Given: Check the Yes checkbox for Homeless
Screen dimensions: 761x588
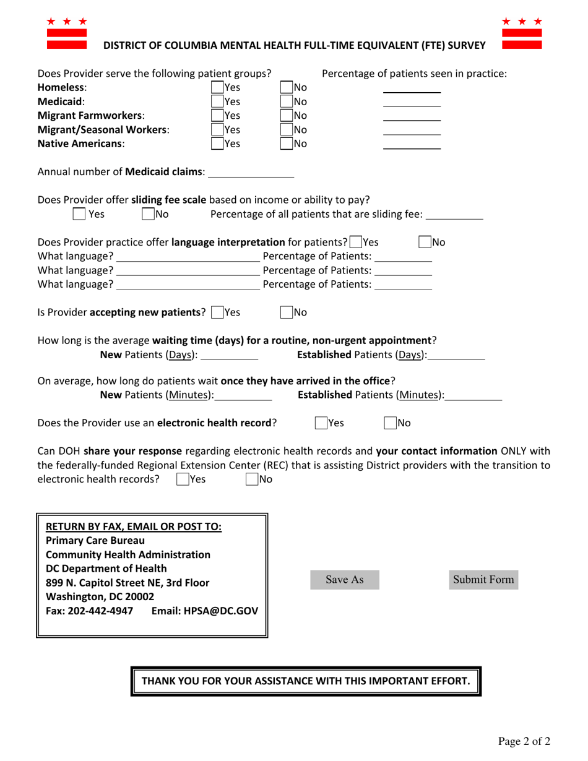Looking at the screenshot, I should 217,87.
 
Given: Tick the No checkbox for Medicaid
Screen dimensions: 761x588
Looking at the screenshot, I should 287,101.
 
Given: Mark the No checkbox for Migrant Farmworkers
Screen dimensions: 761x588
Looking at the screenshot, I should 287,115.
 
